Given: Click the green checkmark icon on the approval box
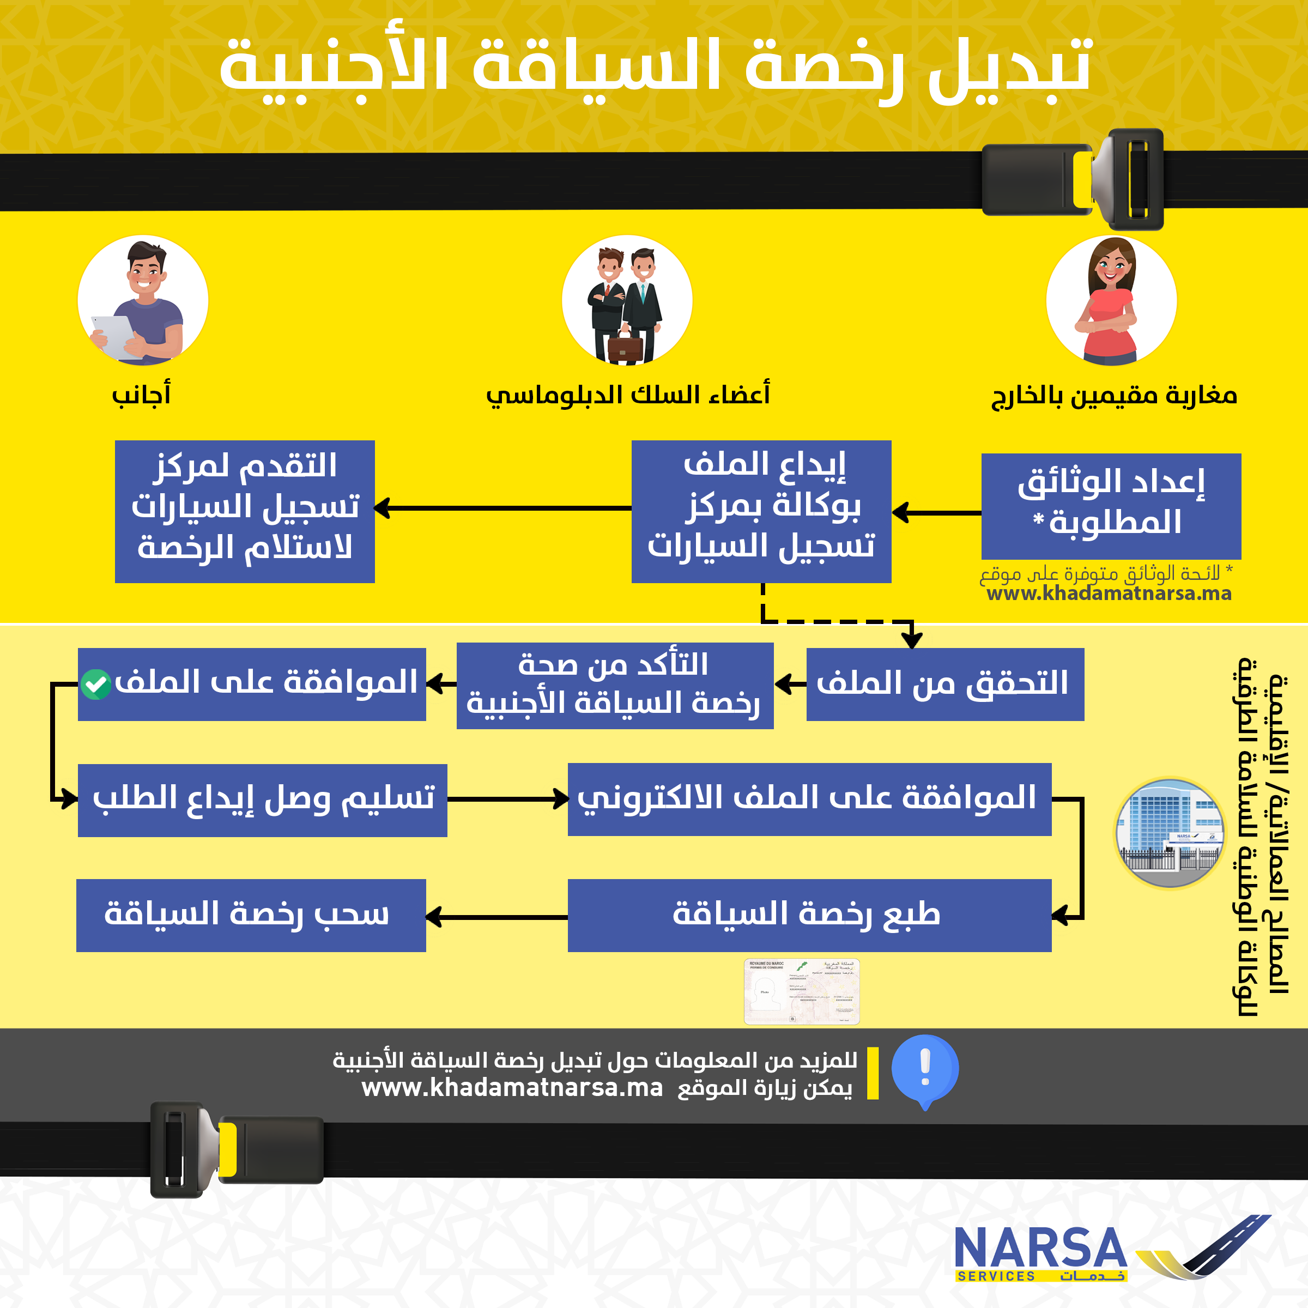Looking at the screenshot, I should (x=95, y=685).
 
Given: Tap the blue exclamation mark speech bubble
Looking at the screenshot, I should (x=925, y=1069).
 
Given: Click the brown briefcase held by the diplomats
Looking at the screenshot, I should (x=625, y=346).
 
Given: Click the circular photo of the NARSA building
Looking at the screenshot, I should (x=1169, y=833).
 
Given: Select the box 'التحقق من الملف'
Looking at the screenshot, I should (x=944, y=684).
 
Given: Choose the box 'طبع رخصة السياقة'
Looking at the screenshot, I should (x=809, y=916).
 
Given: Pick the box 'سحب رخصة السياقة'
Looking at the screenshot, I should (x=251, y=916).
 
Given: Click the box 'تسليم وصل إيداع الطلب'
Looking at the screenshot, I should (x=262, y=800).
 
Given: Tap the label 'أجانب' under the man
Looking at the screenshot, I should (x=141, y=395).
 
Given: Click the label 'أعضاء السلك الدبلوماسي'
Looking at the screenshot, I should (x=628, y=395).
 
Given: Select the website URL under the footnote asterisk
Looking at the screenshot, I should (x=1109, y=594).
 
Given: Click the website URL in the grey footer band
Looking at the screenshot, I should (x=512, y=1088).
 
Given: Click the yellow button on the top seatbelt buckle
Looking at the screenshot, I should (x=1082, y=179).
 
